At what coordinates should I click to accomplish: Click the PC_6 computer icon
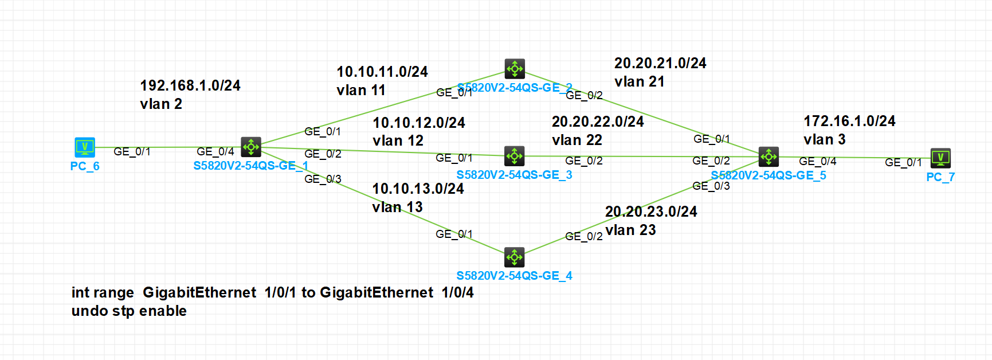pyautogui.click(x=85, y=147)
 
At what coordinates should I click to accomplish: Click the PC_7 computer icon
pyautogui.click(x=940, y=158)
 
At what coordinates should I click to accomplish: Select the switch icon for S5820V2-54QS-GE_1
pyautogui.click(x=251, y=147)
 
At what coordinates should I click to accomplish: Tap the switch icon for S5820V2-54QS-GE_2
pyautogui.click(x=515, y=69)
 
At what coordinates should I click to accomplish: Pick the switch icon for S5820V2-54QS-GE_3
pyautogui.click(x=515, y=156)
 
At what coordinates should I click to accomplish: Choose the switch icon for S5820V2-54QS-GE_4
pyautogui.click(x=515, y=257)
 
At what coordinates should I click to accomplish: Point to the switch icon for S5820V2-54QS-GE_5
pyautogui.click(x=768, y=156)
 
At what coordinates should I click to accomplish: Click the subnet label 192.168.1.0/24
pyautogui.click(x=190, y=86)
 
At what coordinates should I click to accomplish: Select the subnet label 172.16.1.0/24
pyautogui.click(x=849, y=122)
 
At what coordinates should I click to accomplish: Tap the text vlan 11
pyautogui.click(x=361, y=91)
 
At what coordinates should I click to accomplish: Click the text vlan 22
pyautogui.click(x=577, y=140)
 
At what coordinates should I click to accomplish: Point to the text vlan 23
pyautogui.click(x=630, y=230)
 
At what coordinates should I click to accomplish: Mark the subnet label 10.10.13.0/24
pyautogui.click(x=418, y=189)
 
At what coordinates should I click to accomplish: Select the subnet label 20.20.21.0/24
pyautogui.click(x=660, y=64)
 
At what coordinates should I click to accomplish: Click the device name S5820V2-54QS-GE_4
pyautogui.click(x=514, y=276)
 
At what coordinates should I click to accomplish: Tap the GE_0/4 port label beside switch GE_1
pyautogui.click(x=215, y=152)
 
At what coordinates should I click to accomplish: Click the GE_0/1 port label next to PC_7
pyautogui.click(x=903, y=163)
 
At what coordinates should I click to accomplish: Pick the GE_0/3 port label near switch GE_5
pyautogui.click(x=711, y=186)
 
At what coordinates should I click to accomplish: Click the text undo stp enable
pyautogui.click(x=129, y=311)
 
